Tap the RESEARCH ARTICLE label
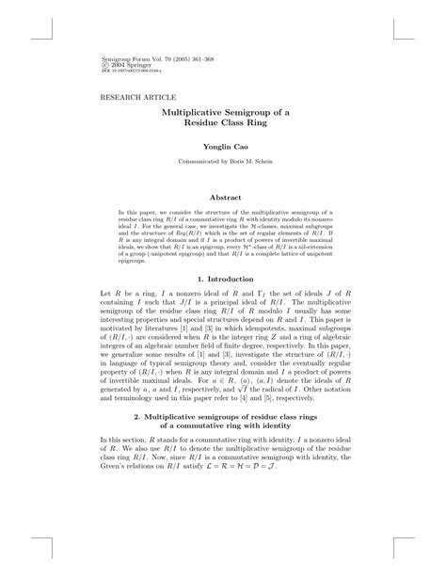[x=132, y=97]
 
